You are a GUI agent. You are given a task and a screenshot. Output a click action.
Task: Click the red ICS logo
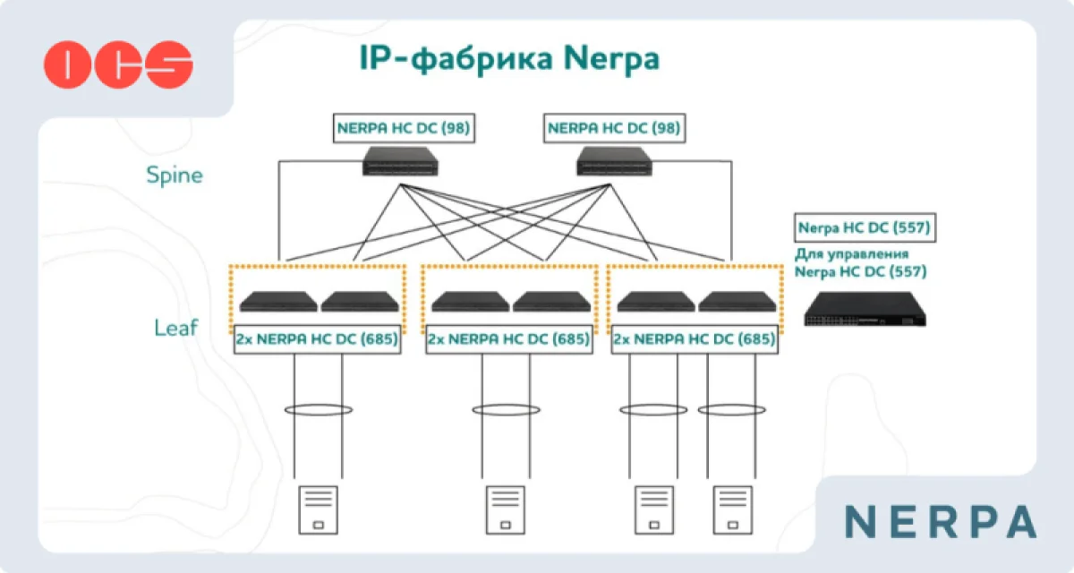118,64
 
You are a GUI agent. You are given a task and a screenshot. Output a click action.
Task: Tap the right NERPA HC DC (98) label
614,128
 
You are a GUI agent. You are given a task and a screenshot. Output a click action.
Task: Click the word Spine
175,175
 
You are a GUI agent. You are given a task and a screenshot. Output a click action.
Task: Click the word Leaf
175,328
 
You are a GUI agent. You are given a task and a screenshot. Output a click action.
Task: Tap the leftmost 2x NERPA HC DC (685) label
317,340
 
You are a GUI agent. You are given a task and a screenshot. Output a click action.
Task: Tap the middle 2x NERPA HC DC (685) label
508,340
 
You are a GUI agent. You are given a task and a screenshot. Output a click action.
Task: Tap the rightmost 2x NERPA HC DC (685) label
694,340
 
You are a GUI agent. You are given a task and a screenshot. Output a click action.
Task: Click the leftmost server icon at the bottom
317,509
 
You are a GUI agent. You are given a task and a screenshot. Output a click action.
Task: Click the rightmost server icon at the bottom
732,509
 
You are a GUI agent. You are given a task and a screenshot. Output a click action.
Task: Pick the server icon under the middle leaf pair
506,509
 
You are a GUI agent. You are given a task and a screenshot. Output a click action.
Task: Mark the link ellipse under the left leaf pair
318,410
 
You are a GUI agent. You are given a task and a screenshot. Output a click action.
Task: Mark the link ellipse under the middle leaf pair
506,410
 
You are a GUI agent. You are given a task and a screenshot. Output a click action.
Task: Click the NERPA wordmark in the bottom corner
941,521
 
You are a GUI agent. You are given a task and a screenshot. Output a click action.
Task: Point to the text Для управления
852,254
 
